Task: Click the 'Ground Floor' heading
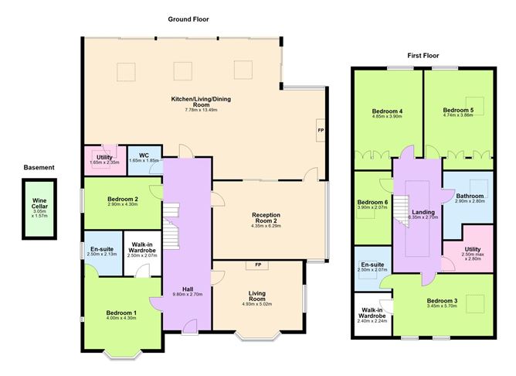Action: point(188,19)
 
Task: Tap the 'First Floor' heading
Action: point(423,56)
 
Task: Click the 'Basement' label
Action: point(39,167)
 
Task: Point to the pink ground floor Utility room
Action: point(102,159)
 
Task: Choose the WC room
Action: point(143,158)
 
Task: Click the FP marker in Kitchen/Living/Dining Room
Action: point(321,130)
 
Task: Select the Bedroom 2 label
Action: point(121,199)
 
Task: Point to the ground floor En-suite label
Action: point(101,248)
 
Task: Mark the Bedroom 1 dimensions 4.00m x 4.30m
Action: point(121,318)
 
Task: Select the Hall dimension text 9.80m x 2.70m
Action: point(186,295)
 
